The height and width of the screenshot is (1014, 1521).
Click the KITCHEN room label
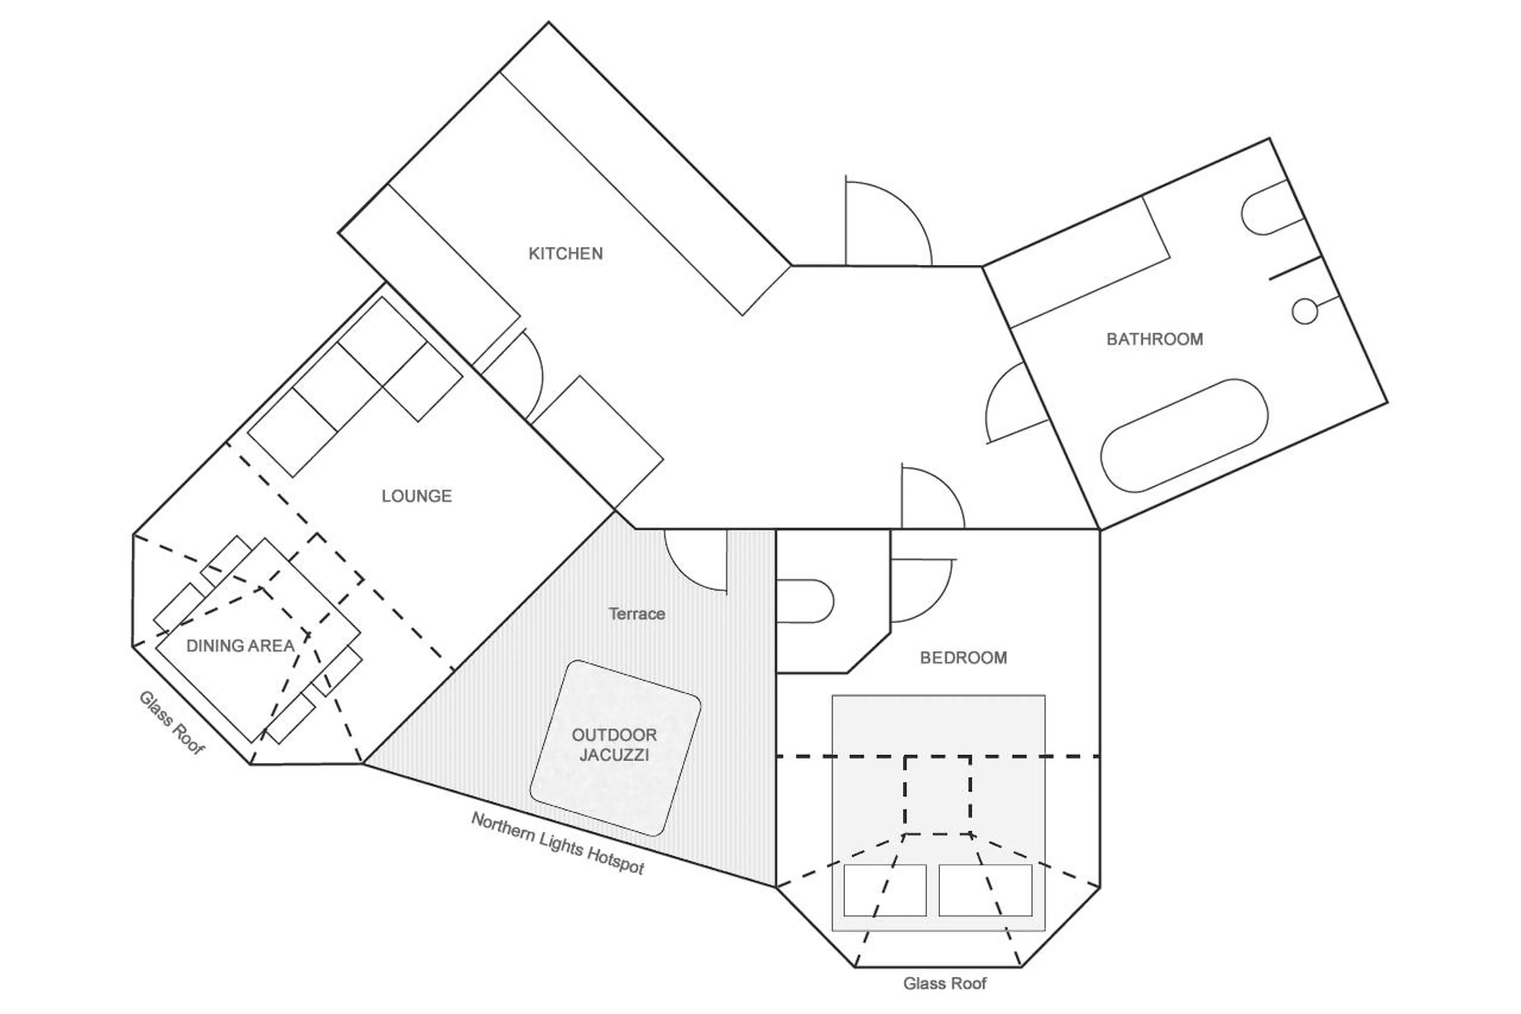coord(566,254)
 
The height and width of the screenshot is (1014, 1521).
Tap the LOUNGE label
coord(416,496)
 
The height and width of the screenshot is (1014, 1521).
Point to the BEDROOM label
coord(963,658)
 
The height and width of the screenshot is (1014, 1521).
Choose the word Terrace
coord(637,614)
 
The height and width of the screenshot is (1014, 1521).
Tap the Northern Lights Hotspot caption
coord(558,843)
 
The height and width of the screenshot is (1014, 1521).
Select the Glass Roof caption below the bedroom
coord(944,983)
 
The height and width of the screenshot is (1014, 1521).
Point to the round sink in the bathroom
coord(1304,311)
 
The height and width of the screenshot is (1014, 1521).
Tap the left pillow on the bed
coord(884,890)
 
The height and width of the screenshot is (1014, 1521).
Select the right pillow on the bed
coord(985,890)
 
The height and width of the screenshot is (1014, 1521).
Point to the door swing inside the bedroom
coord(921,588)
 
